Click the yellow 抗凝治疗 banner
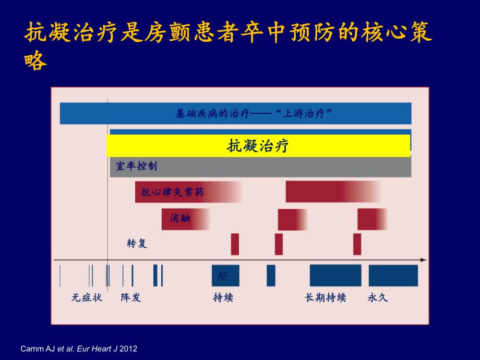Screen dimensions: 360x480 [x=258, y=146]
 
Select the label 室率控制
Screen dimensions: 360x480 [x=136, y=167]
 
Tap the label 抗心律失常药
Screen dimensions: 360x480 [x=172, y=193]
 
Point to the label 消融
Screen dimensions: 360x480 [x=180, y=218]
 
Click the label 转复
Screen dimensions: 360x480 [x=137, y=244]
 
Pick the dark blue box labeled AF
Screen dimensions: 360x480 [x=225, y=275]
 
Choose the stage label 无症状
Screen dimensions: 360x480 [x=87, y=298]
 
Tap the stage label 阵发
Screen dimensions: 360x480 [x=130, y=298]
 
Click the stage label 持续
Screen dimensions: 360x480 [x=223, y=298]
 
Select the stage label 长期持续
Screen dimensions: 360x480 [x=325, y=298]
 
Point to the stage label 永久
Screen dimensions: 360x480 [x=378, y=298]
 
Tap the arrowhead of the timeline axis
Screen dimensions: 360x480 [x=424, y=260]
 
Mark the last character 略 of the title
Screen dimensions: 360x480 [x=35, y=61]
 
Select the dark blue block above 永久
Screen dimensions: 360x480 [x=393, y=275]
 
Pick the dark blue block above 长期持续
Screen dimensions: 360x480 [x=335, y=275]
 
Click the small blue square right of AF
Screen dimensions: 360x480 [x=271, y=275]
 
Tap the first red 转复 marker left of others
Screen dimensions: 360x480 [x=235, y=244]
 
